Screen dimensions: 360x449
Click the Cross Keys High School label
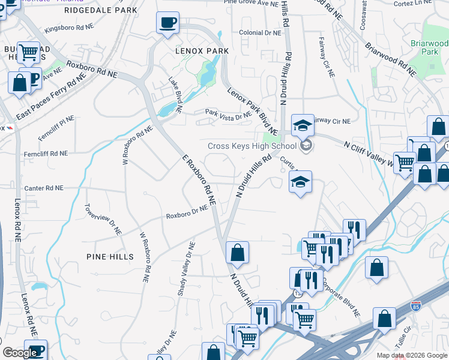[252, 146]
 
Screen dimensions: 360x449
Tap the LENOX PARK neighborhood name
[202, 51]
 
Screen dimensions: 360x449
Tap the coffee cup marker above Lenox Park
[167, 24]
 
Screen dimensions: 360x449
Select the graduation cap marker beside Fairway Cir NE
[303, 125]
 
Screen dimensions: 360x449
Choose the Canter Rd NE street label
[43, 188]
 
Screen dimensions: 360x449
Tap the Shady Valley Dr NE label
[184, 265]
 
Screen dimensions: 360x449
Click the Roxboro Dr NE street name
[187, 212]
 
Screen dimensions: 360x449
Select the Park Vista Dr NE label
[228, 113]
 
